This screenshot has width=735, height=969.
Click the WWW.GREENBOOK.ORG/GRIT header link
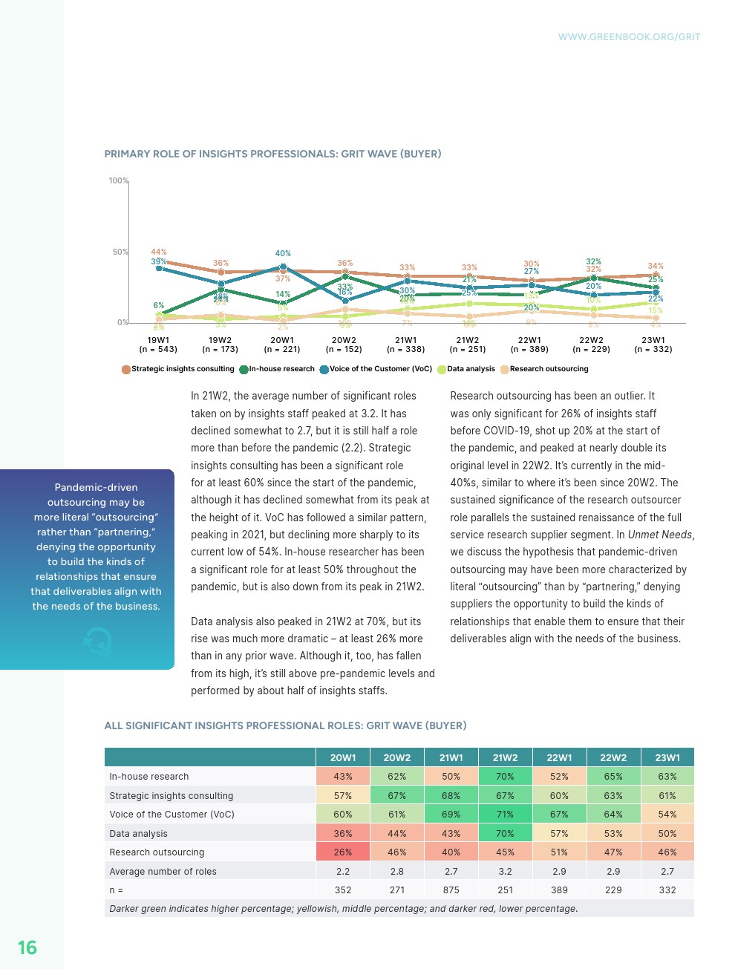pyautogui.click(x=629, y=36)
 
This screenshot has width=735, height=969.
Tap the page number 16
pyautogui.click(x=27, y=947)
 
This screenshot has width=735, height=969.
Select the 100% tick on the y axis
pyautogui.click(x=119, y=180)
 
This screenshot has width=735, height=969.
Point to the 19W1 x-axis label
pyautogui.click(x=158, y=341)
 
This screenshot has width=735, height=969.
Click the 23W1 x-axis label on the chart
pyautogui.click(x=653, y=341)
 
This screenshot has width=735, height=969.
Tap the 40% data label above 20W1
pyautogui.click(x=283, y=253)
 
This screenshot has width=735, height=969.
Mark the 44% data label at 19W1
pyautogui.click(x=159, y=252)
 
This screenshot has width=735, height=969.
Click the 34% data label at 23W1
pyautogui.click(x=656, y=266)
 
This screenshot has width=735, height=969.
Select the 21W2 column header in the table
pyautogui.click(x=505, y=757)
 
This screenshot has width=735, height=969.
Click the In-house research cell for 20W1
pyautogui.click(x=343, y=777)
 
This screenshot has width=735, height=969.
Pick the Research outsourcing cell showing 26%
pyautogui.click(x=343, y=852)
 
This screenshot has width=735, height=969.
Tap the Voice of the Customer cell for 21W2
pyautogui.click(x=505, y=815)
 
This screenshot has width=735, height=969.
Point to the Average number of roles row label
pyautogui.click(x=163, y=872)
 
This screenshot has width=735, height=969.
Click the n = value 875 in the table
pyautogui.click(x=451, y=890)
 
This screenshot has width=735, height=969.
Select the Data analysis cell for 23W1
pyautogui.click(x=667, y=834)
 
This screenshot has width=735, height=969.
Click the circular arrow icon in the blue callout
pyautogui.click(x=97, y=641)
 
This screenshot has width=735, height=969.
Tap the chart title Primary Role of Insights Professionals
pyautogui.click(x=272, y=154)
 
